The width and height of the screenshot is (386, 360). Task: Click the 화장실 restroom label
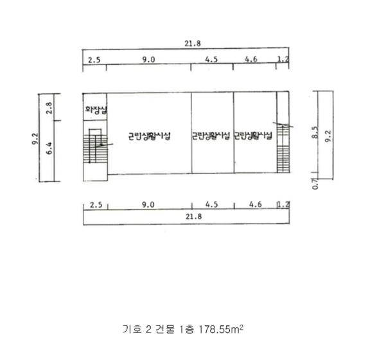(x=96, y=109)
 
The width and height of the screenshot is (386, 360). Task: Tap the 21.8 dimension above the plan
(x=193, y=44)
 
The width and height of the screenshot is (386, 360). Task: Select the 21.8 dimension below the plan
(x=194, y=217)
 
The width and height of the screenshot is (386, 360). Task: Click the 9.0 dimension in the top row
(x=148, y=60)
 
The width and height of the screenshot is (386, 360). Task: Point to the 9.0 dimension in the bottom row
(x=148, y=205)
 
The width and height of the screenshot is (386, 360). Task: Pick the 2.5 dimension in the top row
(x=94, y=60)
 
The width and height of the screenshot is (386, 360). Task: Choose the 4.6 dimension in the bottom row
(x=256, y=204)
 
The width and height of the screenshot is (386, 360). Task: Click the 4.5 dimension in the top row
(x=211, y=59)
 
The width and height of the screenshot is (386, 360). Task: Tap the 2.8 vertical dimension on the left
(x=49, y=108)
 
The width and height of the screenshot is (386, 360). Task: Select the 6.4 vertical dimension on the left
(x=49, y=148)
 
